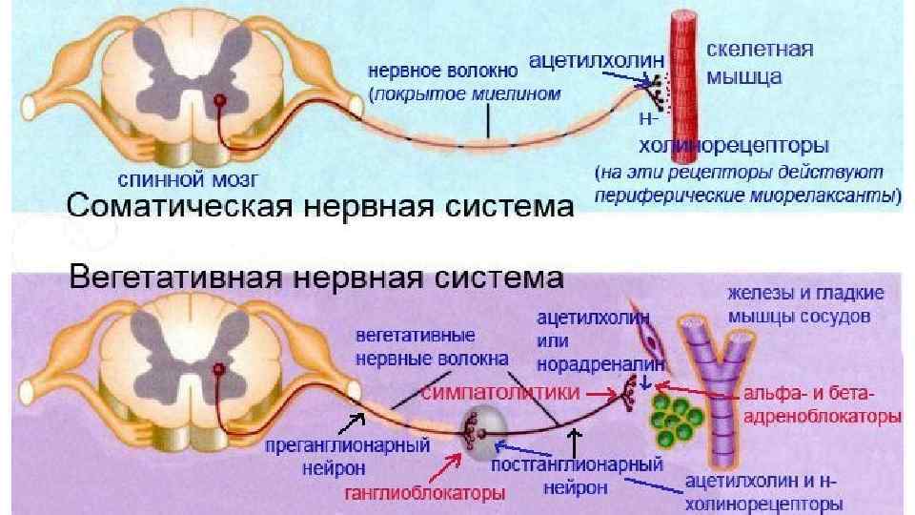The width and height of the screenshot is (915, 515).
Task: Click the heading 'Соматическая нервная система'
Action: point(318,207)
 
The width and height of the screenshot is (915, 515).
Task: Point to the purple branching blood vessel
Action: point(718,381)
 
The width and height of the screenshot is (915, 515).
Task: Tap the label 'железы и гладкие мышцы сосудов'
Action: point(805,303)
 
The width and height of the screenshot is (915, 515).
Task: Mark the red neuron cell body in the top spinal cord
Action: point(221,99)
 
